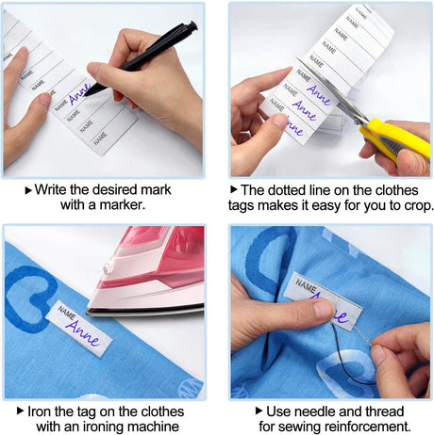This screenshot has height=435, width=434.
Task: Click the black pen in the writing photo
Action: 142,58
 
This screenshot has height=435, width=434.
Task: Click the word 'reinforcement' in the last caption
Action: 367,427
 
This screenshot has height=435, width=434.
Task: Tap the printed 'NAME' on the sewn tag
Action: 306,286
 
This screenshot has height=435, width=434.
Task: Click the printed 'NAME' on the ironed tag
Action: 67,312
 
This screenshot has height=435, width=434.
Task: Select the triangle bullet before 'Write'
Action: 28,190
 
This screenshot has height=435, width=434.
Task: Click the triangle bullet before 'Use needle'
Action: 259,411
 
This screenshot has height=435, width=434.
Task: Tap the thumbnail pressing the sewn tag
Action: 325,309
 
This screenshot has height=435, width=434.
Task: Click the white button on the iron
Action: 108,268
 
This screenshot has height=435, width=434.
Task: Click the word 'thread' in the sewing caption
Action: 381,411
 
